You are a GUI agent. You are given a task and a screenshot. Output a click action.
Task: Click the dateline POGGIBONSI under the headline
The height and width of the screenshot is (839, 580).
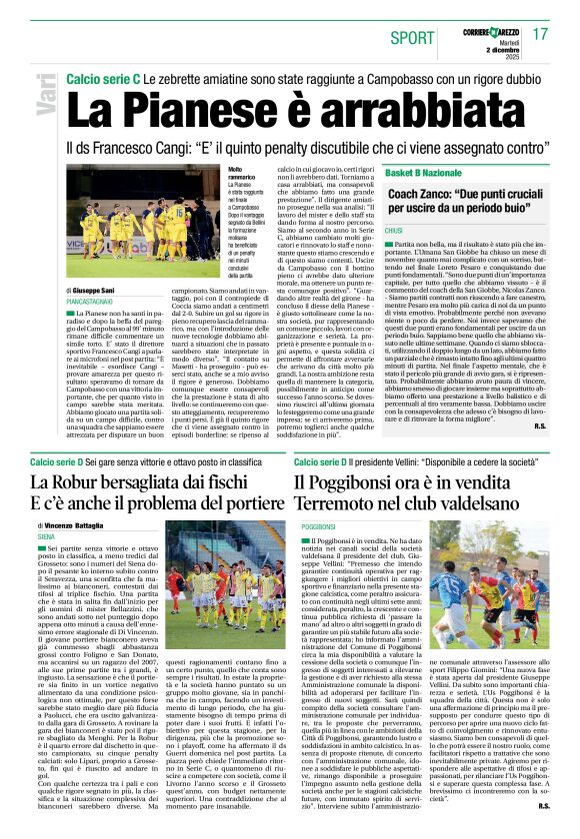pyautogui.click(x=318, y=526)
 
